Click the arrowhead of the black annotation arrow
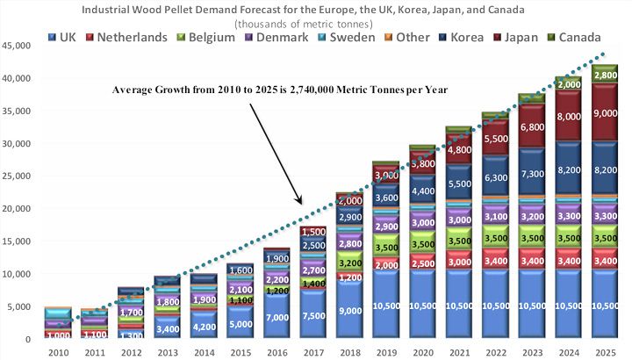(302, 203)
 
